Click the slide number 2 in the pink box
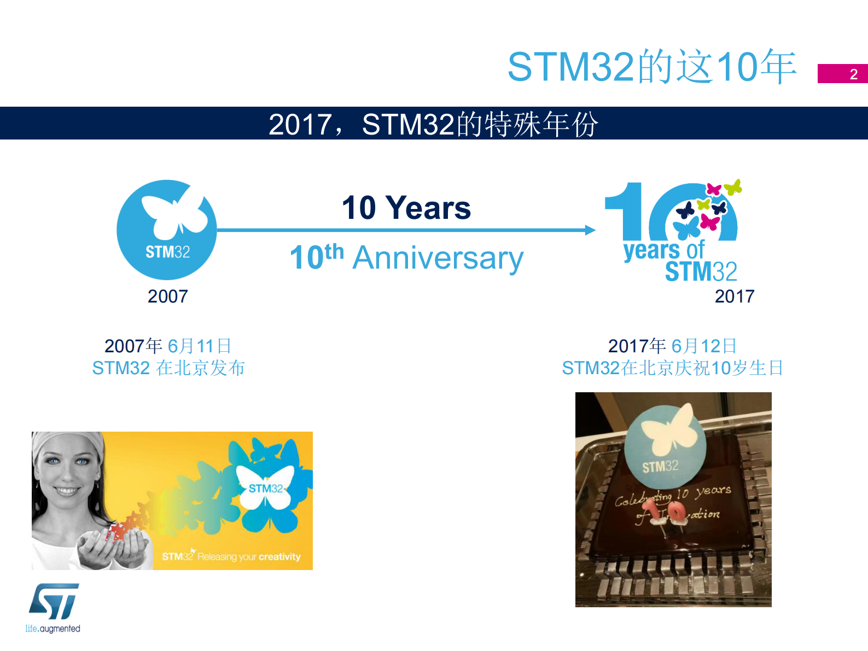pos(853,74)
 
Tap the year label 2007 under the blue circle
pos(167,296)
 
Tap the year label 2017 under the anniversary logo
pos(734,296)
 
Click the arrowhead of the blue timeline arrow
pos(590,230)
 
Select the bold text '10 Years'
pos(406,208)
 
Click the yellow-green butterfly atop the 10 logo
pos(733,188)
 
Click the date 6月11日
pos(199,346)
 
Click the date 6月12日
pos(703,346)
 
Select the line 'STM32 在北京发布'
pos(168,368)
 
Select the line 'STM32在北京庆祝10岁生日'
pos(672,368)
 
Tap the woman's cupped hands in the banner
pos(112,547)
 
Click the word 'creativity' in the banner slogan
pos(279,556)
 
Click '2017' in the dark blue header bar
pos(300,124)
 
